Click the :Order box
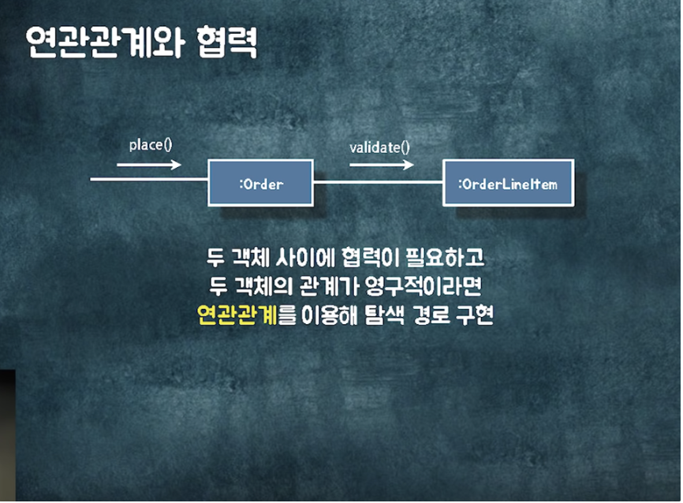(x=260, y=183)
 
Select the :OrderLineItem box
(x=507, y=183)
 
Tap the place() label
(x=150, y=146)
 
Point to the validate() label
(x=379, y=147)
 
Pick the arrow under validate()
(x=381, y=165)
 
